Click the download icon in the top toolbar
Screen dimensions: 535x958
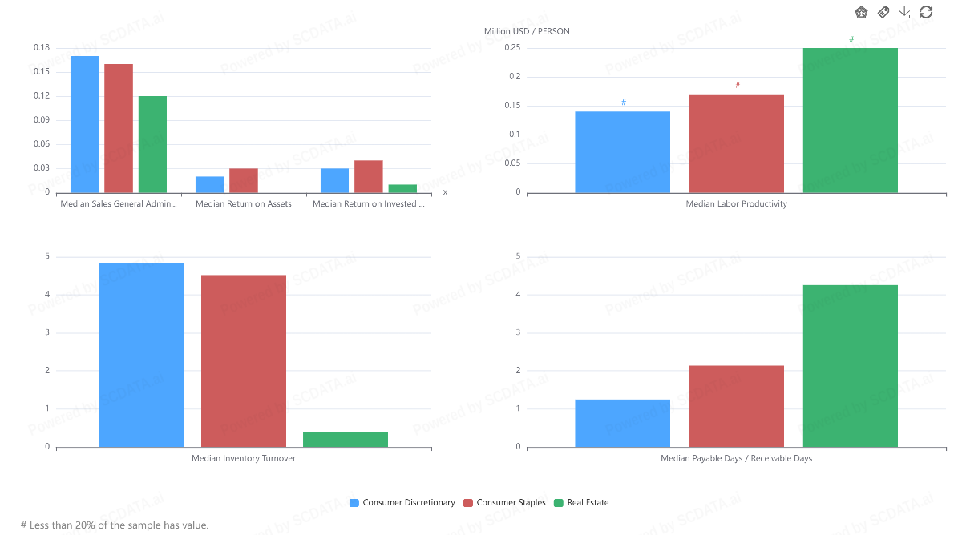(904, 12)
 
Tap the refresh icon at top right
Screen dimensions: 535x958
(926, 12)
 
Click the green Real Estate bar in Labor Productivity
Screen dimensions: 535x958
(850, 120)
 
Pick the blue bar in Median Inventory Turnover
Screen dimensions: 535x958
(141, 355)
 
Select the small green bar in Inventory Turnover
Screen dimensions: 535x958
(345, 440)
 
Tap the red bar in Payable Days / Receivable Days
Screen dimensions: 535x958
(736, 406)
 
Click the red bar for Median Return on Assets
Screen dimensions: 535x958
(243, 180)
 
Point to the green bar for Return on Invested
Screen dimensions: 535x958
(402, 188)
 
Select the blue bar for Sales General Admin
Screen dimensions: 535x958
(84, 124)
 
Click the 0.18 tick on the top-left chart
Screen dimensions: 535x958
(42, 48)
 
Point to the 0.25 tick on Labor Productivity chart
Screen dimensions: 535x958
(512, 48)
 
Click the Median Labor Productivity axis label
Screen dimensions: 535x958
(736, 204)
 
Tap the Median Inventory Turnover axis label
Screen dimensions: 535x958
(243, 459)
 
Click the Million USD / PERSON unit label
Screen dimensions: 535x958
(527, 31)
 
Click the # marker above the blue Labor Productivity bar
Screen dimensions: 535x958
(623, 103)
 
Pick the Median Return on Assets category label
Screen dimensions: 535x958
(243, 204)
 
